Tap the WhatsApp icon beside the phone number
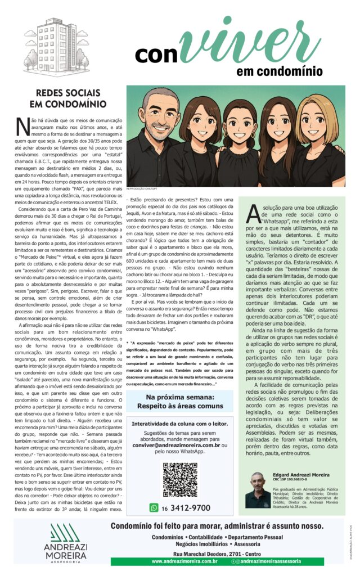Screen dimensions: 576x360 click(154, 507)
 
